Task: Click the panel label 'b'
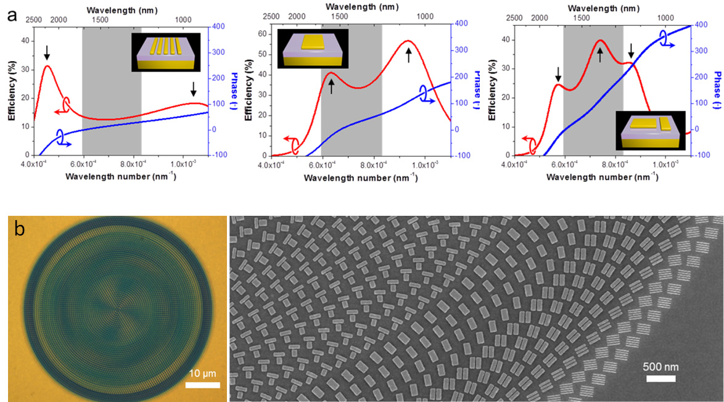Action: coord(20,229)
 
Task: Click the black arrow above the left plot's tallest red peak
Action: coord(46,52)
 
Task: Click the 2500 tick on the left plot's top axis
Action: coord(33,19)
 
